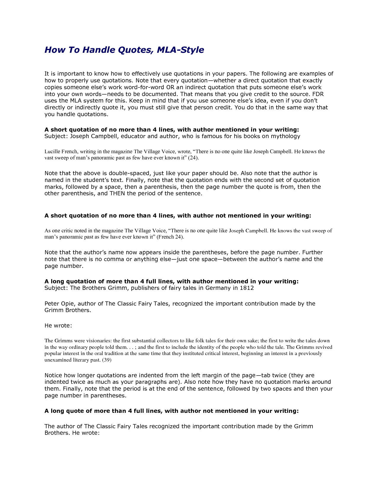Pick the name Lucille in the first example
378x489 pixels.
pos(52,151)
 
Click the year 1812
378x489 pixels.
pos(247,288)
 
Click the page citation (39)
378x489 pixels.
pos(106,360)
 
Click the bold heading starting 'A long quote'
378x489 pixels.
pos(171,411)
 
